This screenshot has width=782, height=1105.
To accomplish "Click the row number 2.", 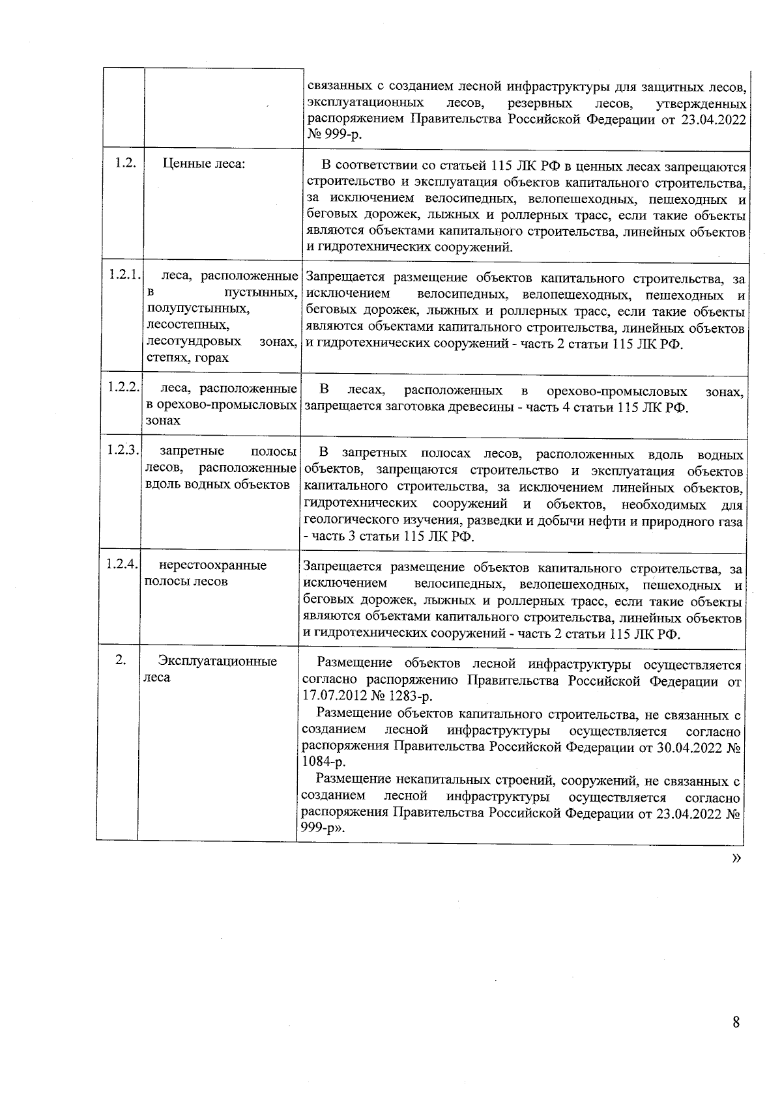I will (120, 660).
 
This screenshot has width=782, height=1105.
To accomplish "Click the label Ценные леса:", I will (204, 164).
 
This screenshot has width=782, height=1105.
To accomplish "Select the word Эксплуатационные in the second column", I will (218, 662).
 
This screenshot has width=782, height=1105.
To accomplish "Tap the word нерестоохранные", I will (213, 565).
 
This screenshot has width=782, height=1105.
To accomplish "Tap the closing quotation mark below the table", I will (736, 858).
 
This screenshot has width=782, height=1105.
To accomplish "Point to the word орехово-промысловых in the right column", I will (616, 391).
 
